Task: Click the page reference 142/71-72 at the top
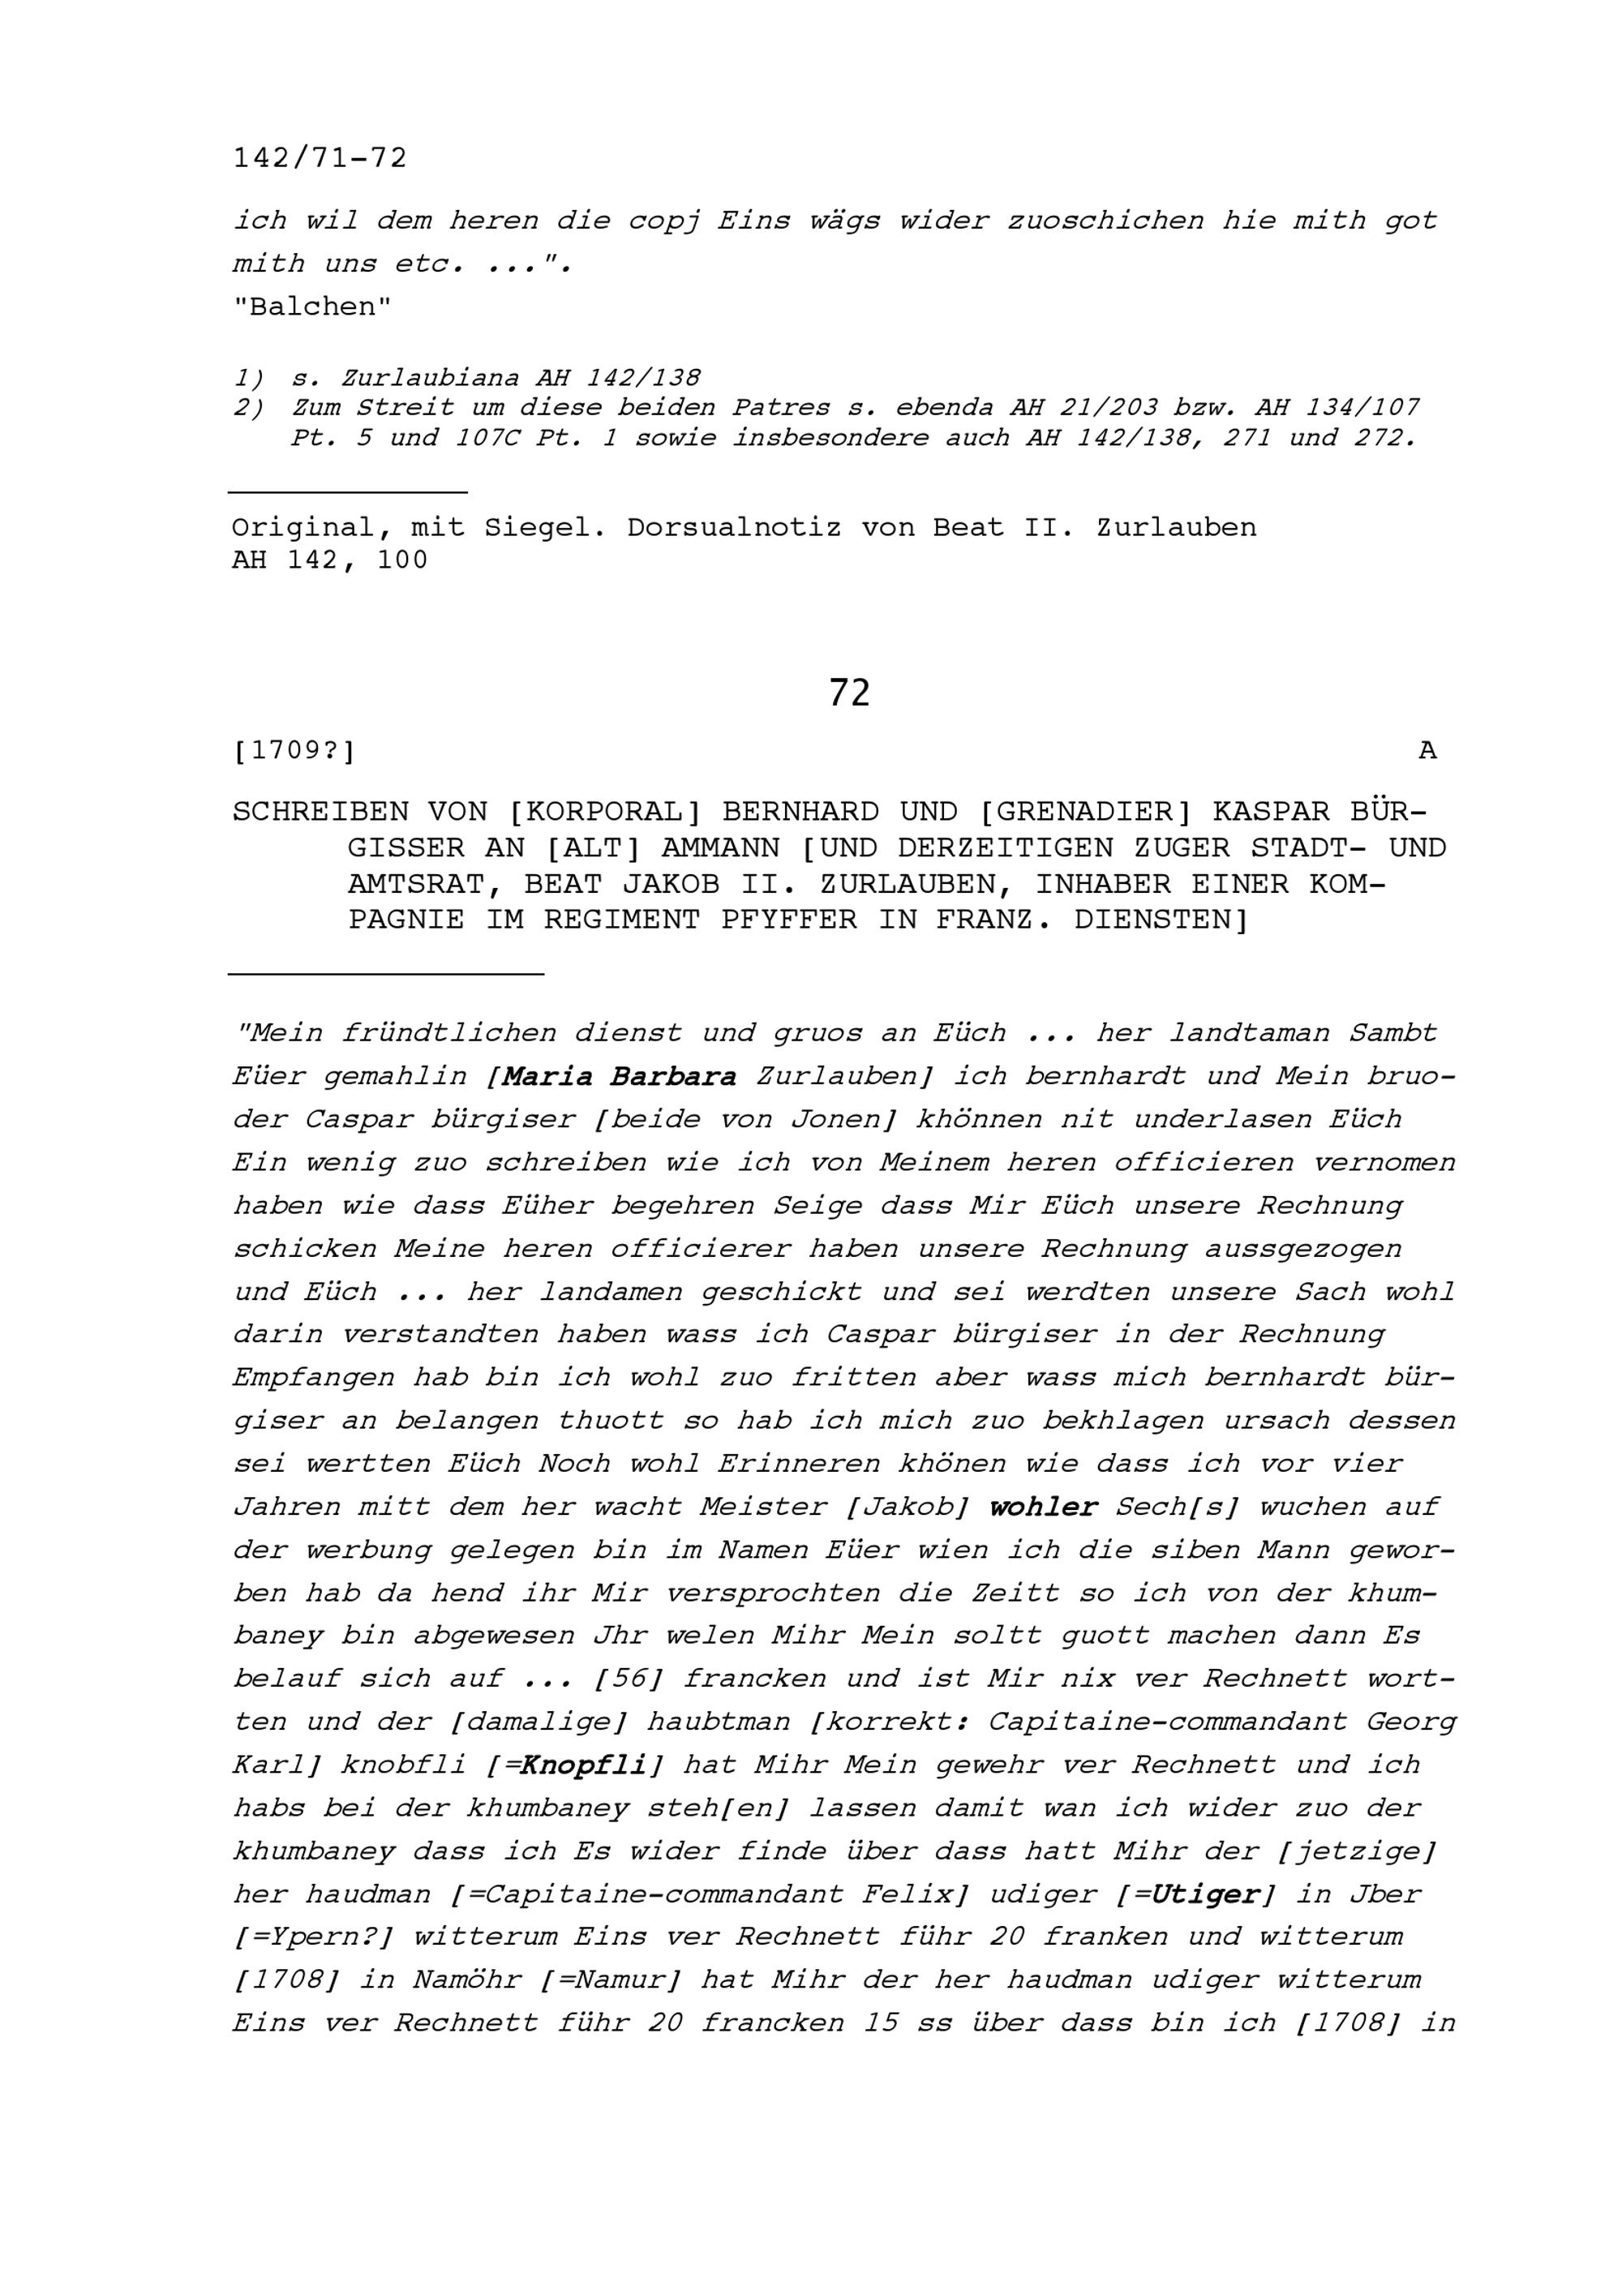(320, 158)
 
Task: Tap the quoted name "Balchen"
(311, 307)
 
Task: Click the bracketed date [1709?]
(294, 751)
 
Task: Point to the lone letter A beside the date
(1427, 751)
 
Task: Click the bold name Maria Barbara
(620, 1076)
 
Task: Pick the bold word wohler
(1044, 1506)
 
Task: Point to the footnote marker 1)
(249, 378)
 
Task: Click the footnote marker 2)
(249, 408)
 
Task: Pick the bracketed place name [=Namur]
(611, 1980)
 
